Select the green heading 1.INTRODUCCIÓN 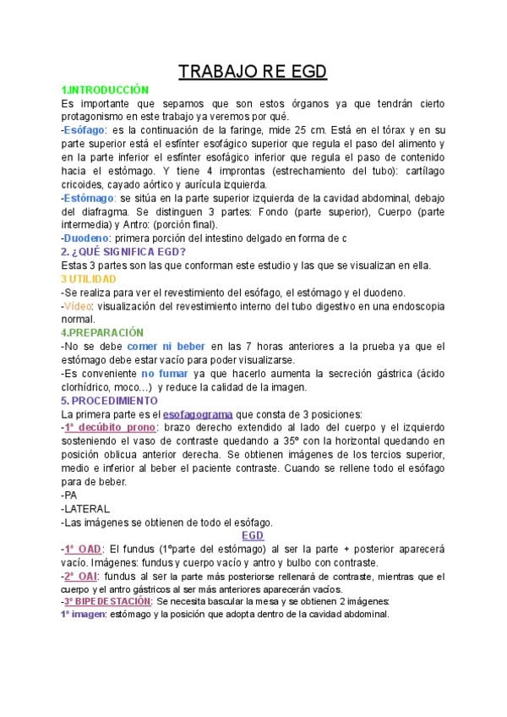pyautogui.click(x=105, y=90)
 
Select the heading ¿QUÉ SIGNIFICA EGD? pyautogui.click(x=128, y=252)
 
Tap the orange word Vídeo pyautogui.click(x=80, y=306)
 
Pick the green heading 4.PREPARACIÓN pyautogui.click(x=102, y=333)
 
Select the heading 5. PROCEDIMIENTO pyautogui.click(x=109, y=400)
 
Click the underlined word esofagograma pyautogui.click(x=200, y=414)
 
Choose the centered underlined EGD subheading pyautogui.click(x=253, y=536)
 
